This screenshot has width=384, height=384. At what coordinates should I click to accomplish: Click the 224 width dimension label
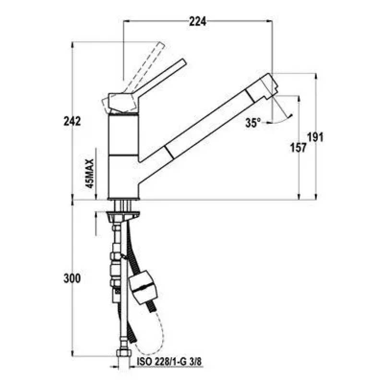[197, 22]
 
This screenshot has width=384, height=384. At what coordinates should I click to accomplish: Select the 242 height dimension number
[72, 121]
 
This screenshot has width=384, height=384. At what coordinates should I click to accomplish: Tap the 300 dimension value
[72, 278]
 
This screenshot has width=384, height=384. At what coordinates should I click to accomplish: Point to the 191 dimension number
[315, 137]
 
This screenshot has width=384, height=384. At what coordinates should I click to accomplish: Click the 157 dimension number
[298, 148]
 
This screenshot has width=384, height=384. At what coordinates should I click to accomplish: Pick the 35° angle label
[253, 123]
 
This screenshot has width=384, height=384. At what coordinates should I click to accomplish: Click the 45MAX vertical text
[90, 173]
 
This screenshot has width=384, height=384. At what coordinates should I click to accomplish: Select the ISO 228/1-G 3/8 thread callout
[169, 361]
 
